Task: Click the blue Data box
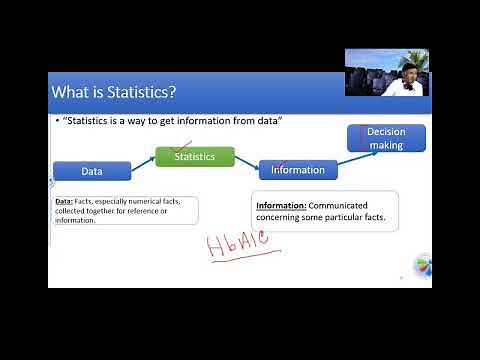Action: [x=92, y=171]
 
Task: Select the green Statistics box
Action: [x=194, y=157]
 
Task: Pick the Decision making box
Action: [x=385, y=138]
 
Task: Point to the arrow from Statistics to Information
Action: [x=246, y=163]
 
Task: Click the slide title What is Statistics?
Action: [x=114, y=93]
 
